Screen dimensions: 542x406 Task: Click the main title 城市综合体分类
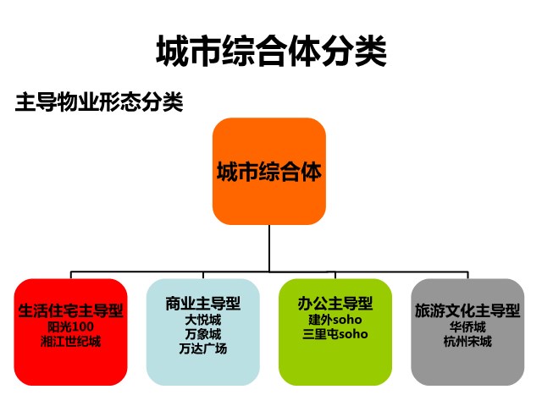coord(271,51)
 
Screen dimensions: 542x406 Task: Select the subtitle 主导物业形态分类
coord(99,101)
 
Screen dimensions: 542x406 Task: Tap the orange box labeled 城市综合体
coord(269,171)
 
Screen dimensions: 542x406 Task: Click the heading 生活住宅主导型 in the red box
coord(70,310)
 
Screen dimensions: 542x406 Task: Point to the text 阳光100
coord(70,326)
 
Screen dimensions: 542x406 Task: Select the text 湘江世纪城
coord(70,342)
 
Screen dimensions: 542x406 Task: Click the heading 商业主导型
coord(203,304)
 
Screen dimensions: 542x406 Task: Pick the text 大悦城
coord(203,320)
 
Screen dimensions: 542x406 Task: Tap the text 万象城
coord(203,334)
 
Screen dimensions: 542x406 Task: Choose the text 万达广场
coord(203,348)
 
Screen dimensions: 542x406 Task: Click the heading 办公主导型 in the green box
coord(335,304)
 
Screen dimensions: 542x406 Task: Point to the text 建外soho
coord(335,320)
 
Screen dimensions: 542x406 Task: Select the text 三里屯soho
coord(335,334)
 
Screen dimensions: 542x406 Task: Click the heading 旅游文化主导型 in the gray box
coord(467,310)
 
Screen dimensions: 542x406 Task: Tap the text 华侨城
coord(467,326)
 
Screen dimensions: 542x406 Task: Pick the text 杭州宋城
coord(467,342)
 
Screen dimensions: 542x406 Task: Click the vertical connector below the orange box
coord(269,248)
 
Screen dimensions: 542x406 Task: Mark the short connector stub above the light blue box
coord(203,275)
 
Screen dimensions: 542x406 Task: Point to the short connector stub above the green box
coord(335,275)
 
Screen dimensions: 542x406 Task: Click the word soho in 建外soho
coord(347,320)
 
